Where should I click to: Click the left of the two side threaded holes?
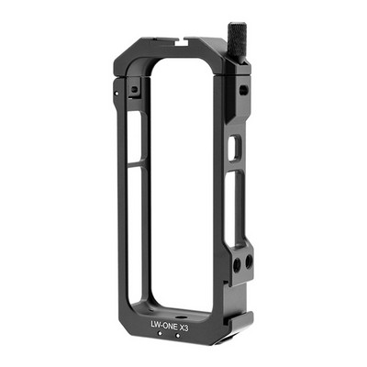(237, 263)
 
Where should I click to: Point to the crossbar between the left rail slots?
(134, 165)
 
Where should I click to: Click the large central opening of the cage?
(180, 174)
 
